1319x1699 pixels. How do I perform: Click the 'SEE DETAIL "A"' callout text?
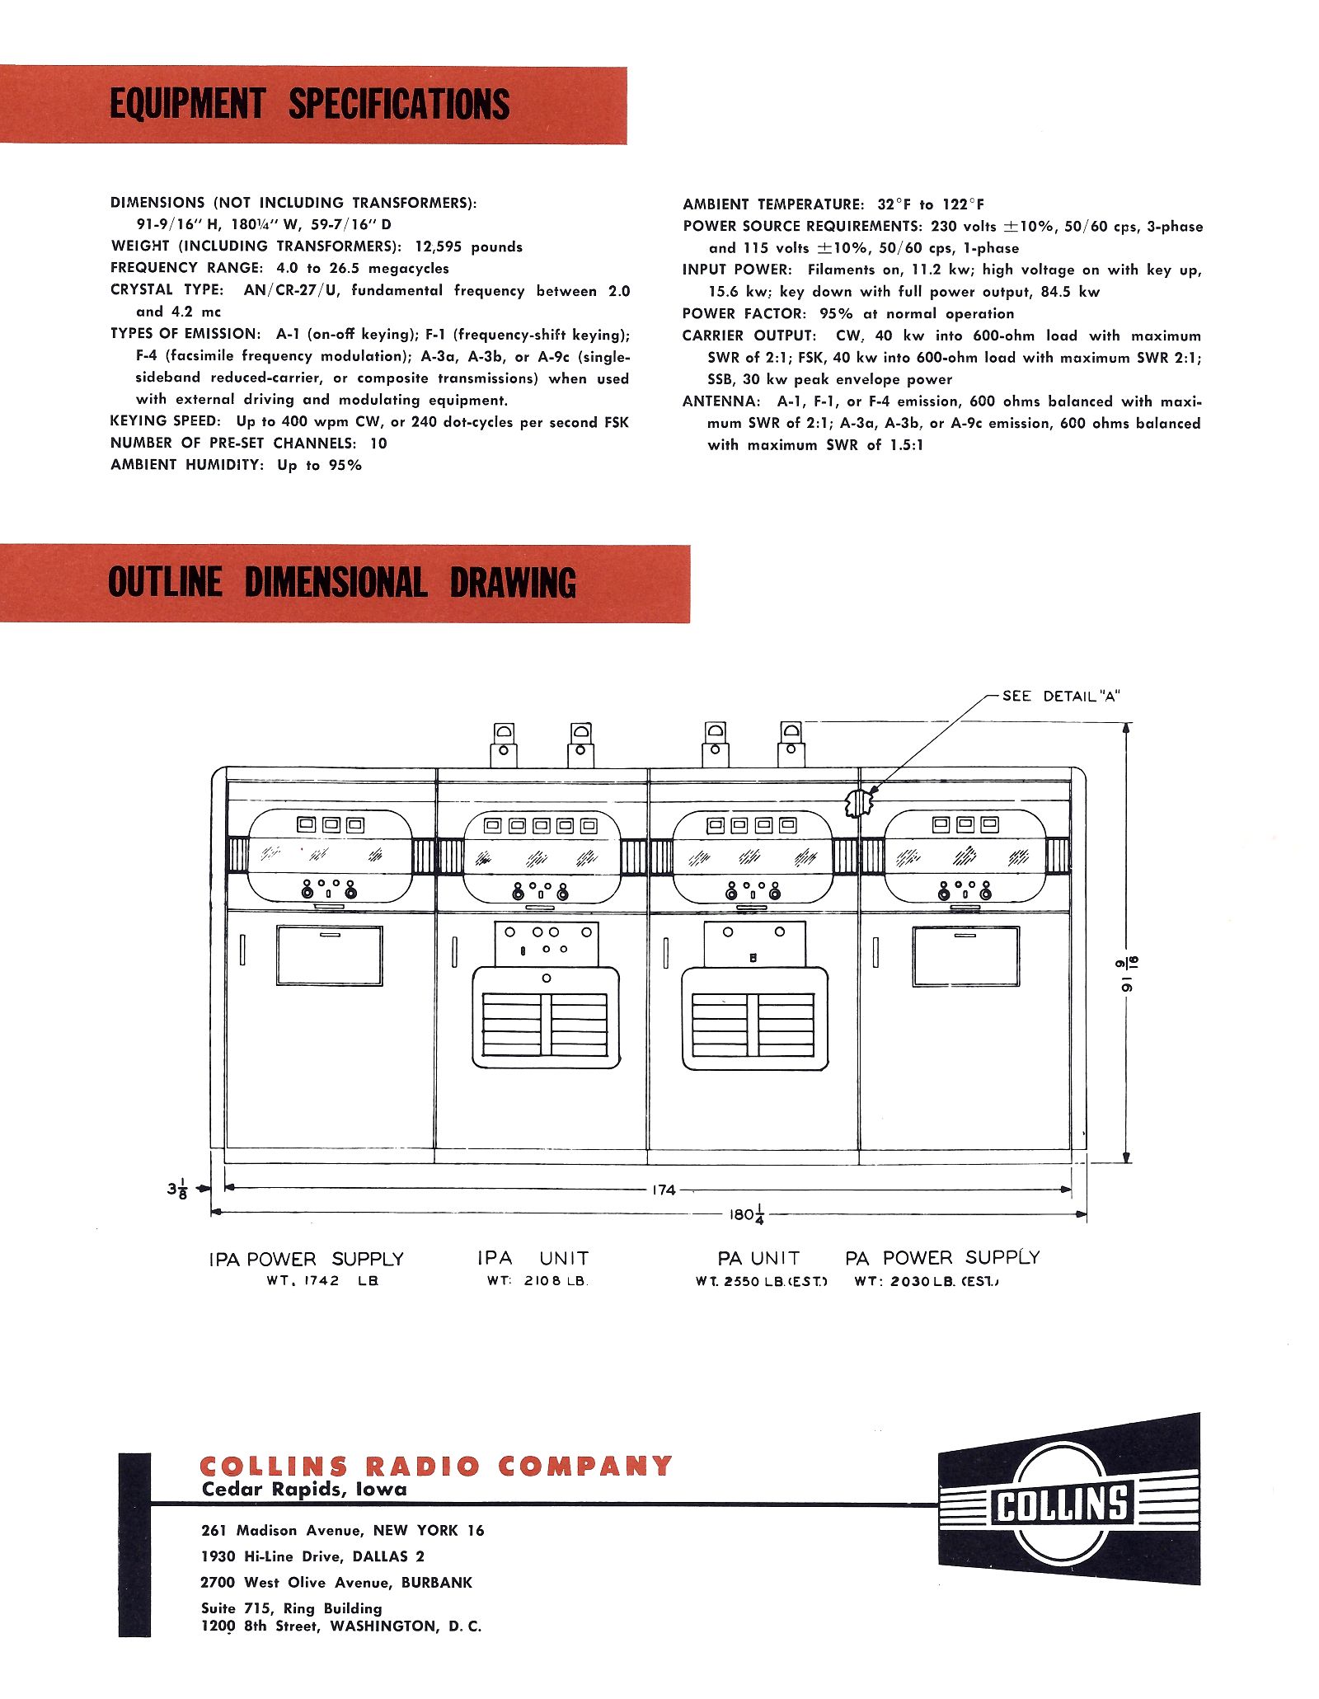coord(1060,697)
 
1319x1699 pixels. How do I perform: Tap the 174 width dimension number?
coord(664,1190)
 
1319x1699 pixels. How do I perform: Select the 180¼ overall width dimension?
coord(747,1214)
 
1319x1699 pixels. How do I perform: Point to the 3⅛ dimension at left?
coord(177,1190)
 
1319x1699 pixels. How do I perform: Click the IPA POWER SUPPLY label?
coord(306,1260)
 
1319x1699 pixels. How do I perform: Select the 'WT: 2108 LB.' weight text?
coord(537,1281)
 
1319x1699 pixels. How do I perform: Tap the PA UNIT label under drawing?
coord(758,1259)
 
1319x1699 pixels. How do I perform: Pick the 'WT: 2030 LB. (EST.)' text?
coord(927,1281)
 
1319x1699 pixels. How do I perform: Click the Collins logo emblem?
coord(1068,1503)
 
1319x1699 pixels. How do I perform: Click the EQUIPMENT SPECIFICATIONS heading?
coord(310,105)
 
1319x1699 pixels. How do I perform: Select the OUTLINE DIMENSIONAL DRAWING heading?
coord(341,583)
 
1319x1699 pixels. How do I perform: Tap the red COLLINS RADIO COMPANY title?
coord(436,1467)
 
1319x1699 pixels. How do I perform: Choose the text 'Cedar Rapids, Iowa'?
coord(304,1490)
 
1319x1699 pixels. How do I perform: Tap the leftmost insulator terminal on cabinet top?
coord(504,744)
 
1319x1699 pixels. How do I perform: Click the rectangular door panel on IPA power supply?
coord(329,955)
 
